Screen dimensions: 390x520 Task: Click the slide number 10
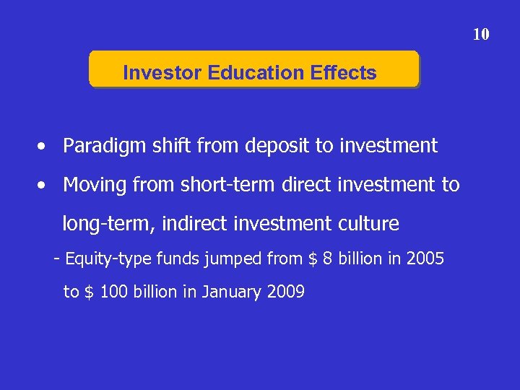pyautogui.click(x=481, y=34)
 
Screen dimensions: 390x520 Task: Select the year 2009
pyautogui.click(x=285, y=292)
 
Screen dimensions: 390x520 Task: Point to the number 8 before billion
pyautogui.click(x=328, y=259)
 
